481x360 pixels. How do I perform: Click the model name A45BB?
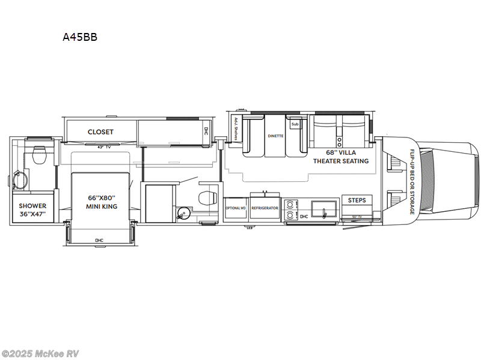[80, 37]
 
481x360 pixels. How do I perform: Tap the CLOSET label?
[100, 132]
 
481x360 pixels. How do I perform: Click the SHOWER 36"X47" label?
[32, 210]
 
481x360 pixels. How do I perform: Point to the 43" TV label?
[100, 146]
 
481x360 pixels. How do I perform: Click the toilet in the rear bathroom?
[40, 155]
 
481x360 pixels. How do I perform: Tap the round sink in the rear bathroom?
[19, 179]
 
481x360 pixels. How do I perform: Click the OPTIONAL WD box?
[234, 208]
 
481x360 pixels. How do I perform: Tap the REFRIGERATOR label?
[265, 208]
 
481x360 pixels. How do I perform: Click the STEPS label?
[357, 200]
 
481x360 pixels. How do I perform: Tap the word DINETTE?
[275, 136]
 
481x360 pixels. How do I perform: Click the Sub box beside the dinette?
[295, 125]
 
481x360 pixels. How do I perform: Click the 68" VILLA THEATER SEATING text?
[341, 156]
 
